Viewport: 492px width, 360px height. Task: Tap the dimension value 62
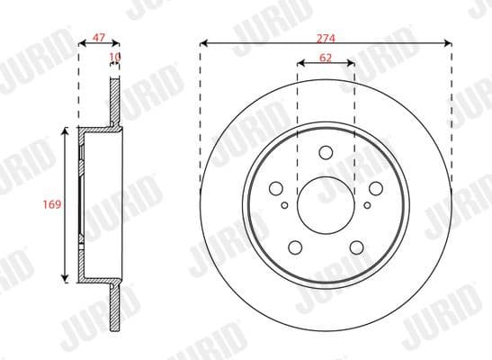click(x=325, y=57)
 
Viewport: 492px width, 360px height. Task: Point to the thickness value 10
click(x=114, y=57)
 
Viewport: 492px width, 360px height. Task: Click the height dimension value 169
click(x=51, y=205)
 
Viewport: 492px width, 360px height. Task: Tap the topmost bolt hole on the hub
click(x=325, y=152)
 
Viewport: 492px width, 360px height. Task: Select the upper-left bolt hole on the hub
click(x=277, y=187)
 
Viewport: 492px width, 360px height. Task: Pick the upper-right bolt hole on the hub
click(x=372, y=187)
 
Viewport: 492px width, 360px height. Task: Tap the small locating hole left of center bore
click(x=285, y=205)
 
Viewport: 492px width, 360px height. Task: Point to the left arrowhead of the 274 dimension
click(x=202, y=41)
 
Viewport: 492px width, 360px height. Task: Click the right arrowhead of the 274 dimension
click(x=447, y=41)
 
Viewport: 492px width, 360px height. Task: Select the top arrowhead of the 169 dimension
click(x=65, y=132)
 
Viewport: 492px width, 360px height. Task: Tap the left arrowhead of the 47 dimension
click(x=82, y=41)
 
